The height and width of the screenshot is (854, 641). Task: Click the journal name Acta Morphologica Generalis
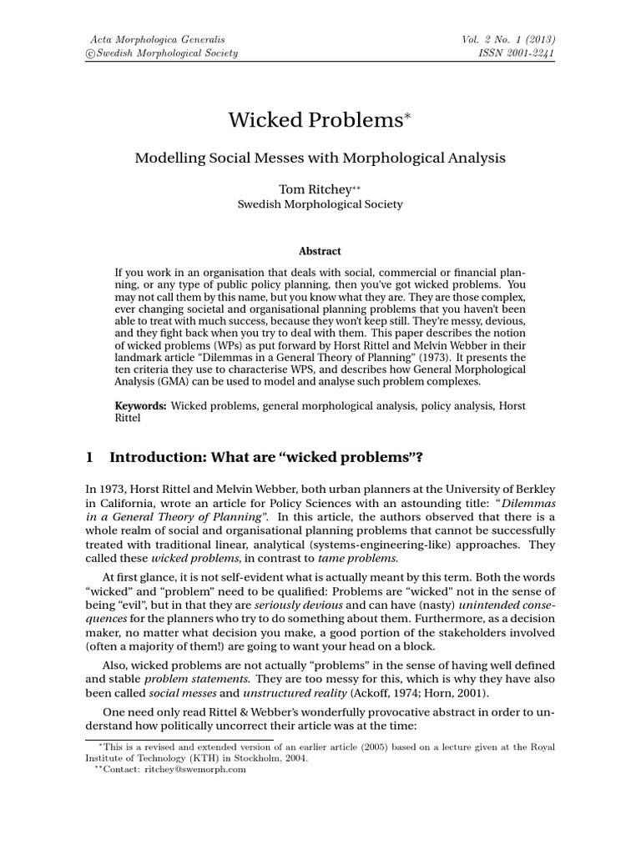(x=157, y=39)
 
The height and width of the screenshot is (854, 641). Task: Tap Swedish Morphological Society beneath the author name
(x=320, y=204)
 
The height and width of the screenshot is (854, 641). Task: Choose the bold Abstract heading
(x=320, y=250)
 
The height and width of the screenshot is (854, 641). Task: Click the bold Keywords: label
(x=141, y=405)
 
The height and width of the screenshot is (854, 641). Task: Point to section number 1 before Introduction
(x=89, y=457)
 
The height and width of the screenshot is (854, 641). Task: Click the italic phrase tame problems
(x=357, y=557)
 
